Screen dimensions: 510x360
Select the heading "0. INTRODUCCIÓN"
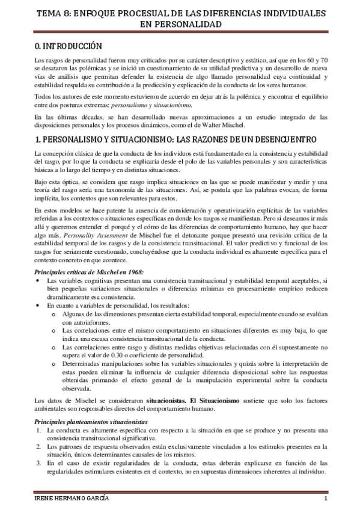coord(69,46)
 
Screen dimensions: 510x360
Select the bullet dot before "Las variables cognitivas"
coord(37,281)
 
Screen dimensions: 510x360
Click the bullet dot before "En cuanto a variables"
coord(37,306)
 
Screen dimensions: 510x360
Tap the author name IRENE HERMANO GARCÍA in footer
coord(70,501)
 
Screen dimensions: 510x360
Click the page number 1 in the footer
coord(325,501)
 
